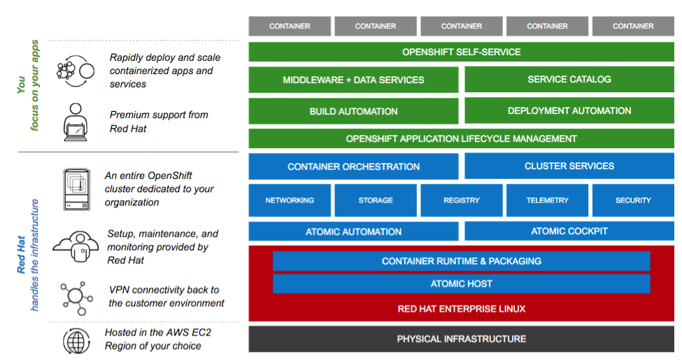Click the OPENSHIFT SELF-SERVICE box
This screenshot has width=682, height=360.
pos(461,52)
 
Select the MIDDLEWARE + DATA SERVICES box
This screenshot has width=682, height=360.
pos(353,80)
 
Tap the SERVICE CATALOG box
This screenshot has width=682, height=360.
pos(569,80)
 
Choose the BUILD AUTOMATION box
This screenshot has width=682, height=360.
pos(353,111)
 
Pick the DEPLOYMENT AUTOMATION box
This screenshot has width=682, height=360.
pos(569,111)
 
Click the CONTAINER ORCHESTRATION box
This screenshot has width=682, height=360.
pos(353,166)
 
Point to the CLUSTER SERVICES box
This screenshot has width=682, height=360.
pos(569,166)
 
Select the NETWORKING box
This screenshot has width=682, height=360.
pos(290,201)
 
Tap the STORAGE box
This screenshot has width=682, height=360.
pos(376,201)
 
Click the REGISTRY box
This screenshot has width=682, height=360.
pos(462,201)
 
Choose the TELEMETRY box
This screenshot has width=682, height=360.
pos(548,201)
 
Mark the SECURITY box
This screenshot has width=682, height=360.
pos(633,201)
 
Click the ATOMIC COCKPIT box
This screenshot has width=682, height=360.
pos(569,231)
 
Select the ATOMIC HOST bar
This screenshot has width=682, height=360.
pos(461,284)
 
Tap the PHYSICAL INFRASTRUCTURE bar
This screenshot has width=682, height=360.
pos(461,339)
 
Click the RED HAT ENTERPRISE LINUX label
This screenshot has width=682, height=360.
pos(461,308)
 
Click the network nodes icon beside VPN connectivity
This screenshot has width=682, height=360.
pos(76,296)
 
